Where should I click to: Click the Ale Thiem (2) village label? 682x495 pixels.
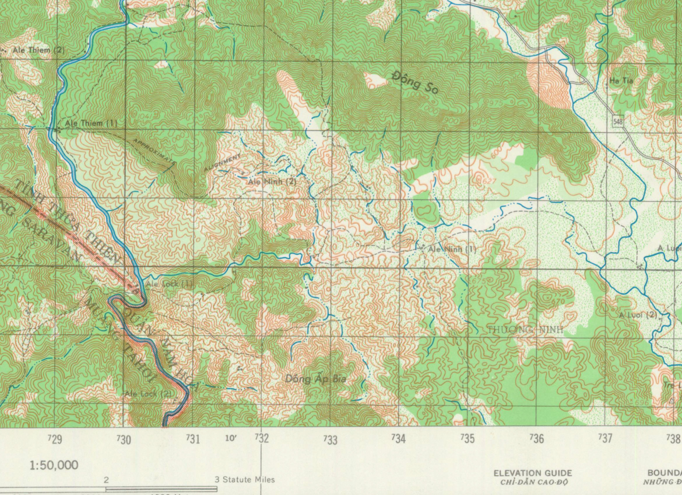[x=38, y=50]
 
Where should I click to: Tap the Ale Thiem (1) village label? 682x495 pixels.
[x=91, y=123]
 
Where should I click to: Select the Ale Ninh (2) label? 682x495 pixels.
[x=272, y=181]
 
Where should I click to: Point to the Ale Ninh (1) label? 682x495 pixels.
[x=452, y=249]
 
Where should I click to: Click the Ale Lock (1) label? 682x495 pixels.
[x=169, y=284]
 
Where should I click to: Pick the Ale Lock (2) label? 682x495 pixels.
[x=149, y=394]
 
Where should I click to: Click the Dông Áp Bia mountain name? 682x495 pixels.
[x=315, y=379]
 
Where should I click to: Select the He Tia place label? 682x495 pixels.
[x=621, y=81]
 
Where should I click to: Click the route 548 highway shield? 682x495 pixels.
[x=618, y=121]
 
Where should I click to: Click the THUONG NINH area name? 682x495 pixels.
[x=525, y=329]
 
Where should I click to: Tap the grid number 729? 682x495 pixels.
[x=55, y=439]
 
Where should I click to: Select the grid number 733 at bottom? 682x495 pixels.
[x=331, y=440]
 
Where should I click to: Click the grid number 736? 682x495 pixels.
[x=536, y=438]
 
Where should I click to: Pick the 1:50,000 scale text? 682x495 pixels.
[x=54, y=465]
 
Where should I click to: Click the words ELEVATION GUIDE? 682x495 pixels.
[x=532, y=473]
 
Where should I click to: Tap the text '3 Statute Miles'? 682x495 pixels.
[x=244, y=480]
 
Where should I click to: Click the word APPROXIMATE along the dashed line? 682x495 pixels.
[x=153, y=151]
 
